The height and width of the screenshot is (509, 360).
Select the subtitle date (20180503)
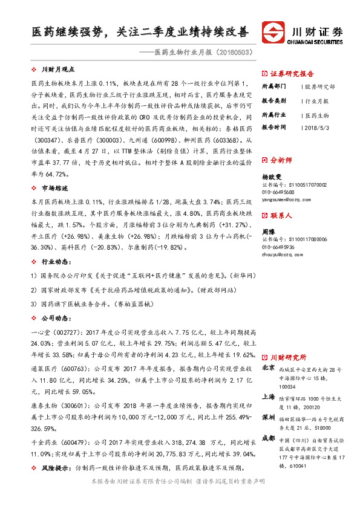231,52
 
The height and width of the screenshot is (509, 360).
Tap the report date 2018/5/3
316,128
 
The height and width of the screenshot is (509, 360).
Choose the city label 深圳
268,417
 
